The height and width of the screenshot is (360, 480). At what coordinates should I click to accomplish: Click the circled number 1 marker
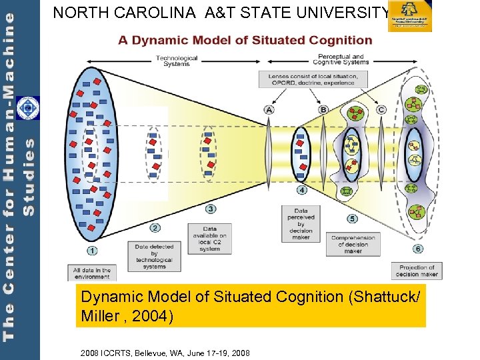[92, 251]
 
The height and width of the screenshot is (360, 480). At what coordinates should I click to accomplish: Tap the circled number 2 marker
[155, 228]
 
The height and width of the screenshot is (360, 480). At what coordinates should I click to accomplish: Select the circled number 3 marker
[211, 209]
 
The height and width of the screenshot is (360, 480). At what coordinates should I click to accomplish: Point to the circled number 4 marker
[301, 190]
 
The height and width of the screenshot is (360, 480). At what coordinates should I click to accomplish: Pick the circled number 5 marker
[352, 219]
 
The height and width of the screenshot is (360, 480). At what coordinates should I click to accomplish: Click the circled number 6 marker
[417, 249]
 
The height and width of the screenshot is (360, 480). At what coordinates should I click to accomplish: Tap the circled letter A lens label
[269, 109]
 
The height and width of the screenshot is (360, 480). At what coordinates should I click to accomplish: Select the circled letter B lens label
[323, 109]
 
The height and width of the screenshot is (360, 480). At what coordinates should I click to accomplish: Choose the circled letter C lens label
[381, 109]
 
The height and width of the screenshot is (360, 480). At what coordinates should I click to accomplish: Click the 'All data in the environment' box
[92, 273]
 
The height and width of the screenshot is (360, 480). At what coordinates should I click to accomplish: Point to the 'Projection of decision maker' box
[417, 271]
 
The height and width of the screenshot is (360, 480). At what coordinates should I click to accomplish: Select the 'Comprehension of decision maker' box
[353, 244]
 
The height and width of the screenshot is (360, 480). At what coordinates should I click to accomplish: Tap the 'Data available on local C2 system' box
[209, 239]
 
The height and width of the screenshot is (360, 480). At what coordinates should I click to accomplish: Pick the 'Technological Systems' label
[177, 61]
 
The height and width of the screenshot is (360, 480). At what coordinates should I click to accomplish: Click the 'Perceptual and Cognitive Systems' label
[341, 60]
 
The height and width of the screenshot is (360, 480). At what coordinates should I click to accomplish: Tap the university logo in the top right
[410, 17]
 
